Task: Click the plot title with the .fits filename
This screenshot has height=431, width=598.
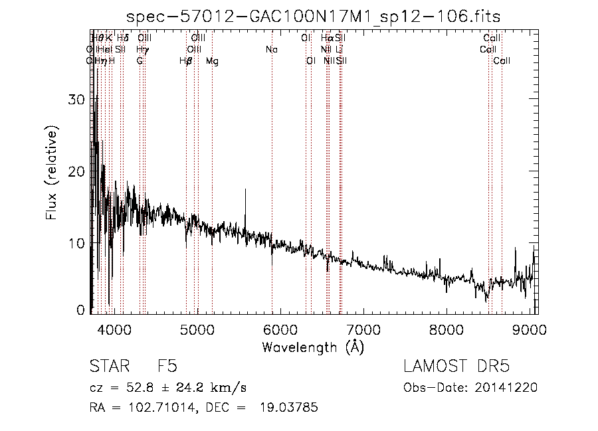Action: click(x=314, y=15)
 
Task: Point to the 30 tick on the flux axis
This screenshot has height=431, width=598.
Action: click(x=78, y=100)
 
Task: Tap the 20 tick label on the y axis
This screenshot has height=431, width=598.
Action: click(x=78, y=171)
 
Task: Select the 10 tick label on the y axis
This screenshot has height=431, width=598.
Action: click(x=78, y=243)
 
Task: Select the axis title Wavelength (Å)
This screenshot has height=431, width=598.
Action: click(x=313, y=347)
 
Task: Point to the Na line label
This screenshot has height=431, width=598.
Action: click(x=271, y=50)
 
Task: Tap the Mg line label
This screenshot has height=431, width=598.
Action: click(x=212, y=61)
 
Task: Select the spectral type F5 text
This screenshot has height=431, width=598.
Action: click(x=167, y=367)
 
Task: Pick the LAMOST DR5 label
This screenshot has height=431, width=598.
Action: click(x=456, y=367)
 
